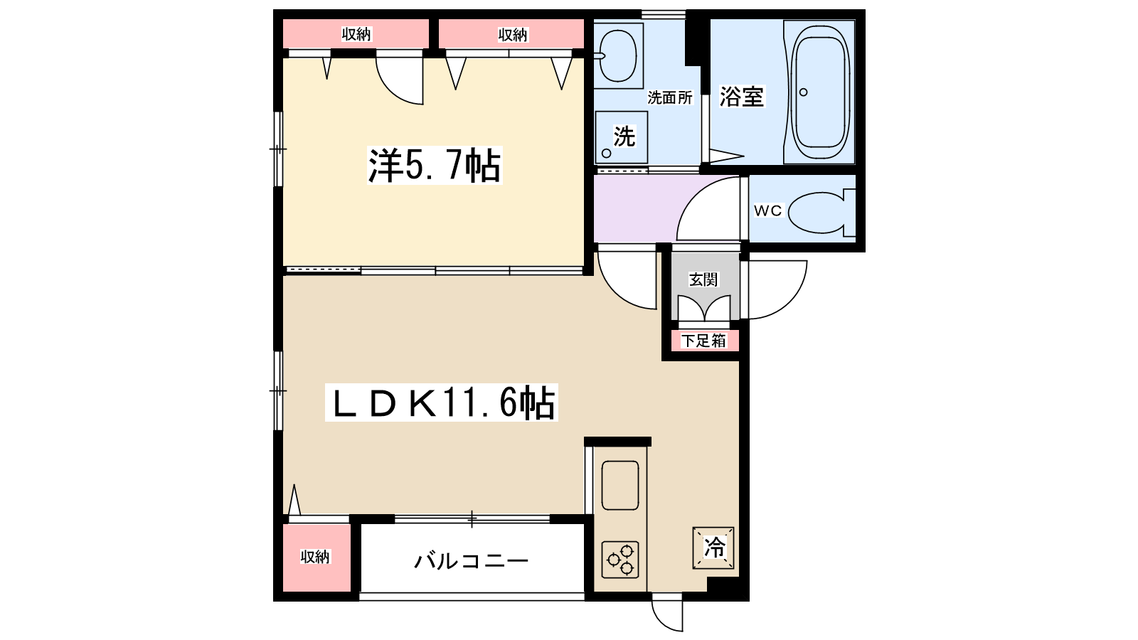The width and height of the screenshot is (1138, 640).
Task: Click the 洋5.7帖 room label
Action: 435,165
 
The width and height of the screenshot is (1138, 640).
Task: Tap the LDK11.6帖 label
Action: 441,402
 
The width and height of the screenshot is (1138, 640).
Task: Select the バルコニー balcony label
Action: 472,561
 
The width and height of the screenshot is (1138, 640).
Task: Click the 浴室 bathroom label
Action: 741,96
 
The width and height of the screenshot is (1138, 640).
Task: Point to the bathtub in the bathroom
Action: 821,92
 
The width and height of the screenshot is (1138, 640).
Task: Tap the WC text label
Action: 767,210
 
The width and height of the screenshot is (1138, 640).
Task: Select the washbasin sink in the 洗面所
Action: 617,54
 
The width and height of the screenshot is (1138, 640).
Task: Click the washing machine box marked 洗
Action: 621,137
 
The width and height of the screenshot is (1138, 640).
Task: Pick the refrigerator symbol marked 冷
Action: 713,548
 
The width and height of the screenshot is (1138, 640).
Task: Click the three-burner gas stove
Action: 620,560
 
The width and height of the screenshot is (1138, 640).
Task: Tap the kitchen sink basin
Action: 619,485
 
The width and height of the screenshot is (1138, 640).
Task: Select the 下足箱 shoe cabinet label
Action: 703,341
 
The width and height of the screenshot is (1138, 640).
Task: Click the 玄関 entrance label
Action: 703,279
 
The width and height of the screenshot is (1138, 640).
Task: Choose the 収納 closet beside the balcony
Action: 316,557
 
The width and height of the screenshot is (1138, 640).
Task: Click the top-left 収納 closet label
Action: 356,34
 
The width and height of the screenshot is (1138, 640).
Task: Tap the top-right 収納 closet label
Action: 512,34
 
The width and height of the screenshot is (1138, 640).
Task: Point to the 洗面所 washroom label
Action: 670,97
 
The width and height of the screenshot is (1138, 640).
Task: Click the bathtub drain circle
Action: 804,92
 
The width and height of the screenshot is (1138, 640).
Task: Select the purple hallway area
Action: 633,208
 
